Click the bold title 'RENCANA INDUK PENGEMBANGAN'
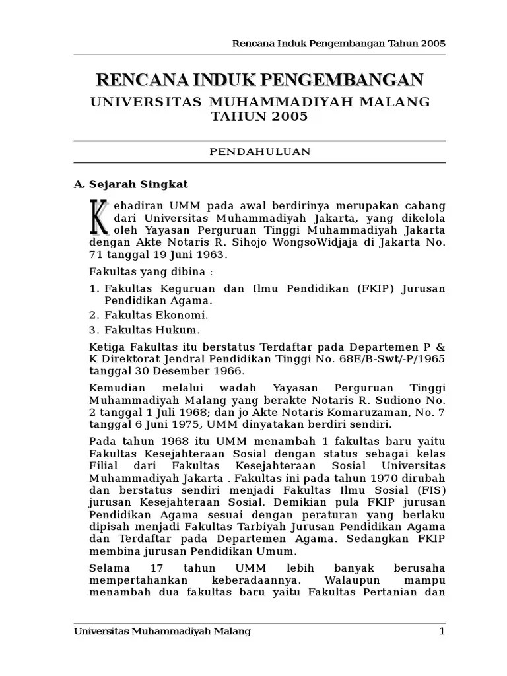tap(259, 80)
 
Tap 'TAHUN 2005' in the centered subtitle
tap(259, 117)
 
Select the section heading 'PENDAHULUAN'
tap(259, 151)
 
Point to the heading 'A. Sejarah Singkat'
tap(131, 184)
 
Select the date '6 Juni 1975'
tap(156, 424)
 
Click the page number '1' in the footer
tap(442, 632)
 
